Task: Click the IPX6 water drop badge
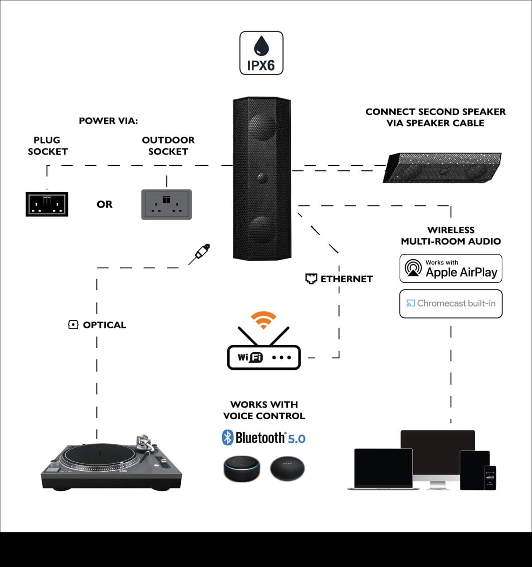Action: (x=261, y=53)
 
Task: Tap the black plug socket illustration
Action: (x=47, y=204)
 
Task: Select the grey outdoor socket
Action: (x=166, y=204)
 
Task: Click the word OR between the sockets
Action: (x=105, y=205)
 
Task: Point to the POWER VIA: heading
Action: (x=108, y=121)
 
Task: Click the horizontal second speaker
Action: (x=442, y=168)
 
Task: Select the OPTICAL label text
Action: (x=104, y=325)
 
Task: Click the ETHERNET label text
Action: (x=346, y=279)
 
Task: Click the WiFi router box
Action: (x=264, y=357)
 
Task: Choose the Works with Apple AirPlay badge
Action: (x=451, y=268)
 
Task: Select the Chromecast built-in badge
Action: (x=451, y=303)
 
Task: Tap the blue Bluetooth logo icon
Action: (x=227, y=437)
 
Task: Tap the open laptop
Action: (x=383, y=468)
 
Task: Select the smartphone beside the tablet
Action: (x=489, y=477)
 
